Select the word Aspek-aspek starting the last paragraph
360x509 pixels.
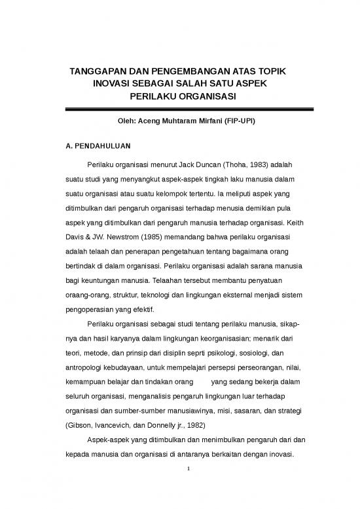tap(105, 441)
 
